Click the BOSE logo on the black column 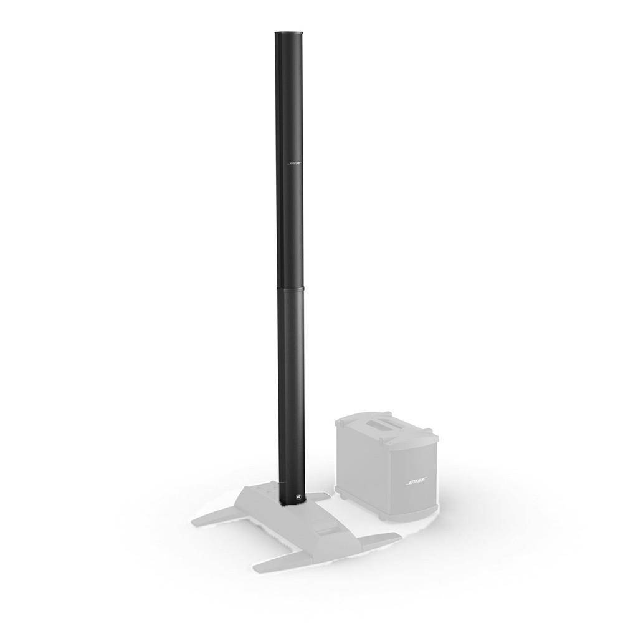(x=294, y=163)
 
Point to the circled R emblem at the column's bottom (x=298, y=497)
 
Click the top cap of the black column (x=288, y=32)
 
